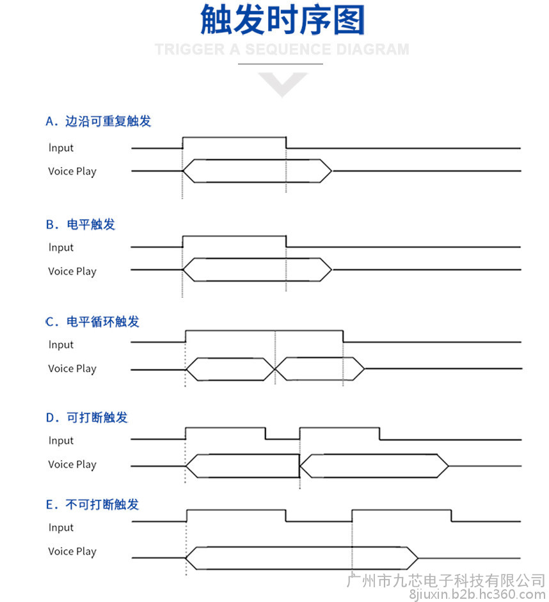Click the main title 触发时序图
[x=282, y=20]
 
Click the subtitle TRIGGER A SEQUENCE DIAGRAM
[x=282, y=49]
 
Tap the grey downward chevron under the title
[x=283, y=85]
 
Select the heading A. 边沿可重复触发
[x=98, y=121]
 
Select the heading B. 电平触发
[x=80, y=224]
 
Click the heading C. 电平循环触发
[x=92, y=321]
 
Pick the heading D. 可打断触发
[x=86, y=418]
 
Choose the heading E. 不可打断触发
[x=92, y=505]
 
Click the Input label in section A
[x=61, y=148]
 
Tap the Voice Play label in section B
[x=72, y=272]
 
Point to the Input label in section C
[x=61, y=345]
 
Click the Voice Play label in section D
[x=72, y=464]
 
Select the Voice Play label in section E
[x=72, y=551]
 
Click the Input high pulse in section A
[x=234, y=137]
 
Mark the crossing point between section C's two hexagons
[x=275, y=370]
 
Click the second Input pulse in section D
[x=340, y=428]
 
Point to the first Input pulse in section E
[x=236, y=510]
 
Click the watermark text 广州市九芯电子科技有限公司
[x=446, y=580]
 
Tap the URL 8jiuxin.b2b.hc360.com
[x=477, y=595]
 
